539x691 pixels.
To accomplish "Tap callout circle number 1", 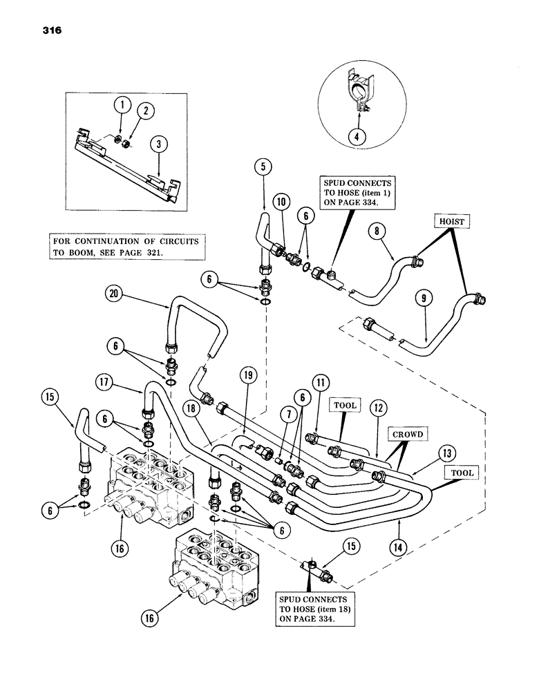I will (122, 106).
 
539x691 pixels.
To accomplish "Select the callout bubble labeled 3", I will (159, 144).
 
